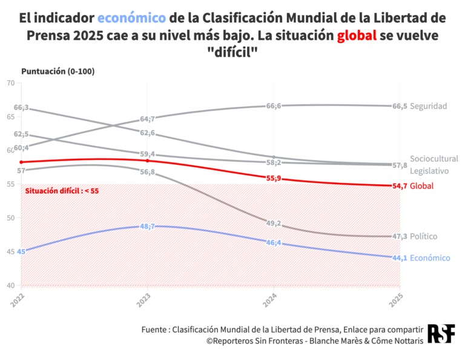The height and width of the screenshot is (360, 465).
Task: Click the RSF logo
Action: pos(441,334)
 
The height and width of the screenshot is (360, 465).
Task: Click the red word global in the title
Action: pos(357,36)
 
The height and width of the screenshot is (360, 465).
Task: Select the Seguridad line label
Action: pos(428,106)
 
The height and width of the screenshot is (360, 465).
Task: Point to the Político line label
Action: pos(423,236)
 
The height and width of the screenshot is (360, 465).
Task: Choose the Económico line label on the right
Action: pos(430,258)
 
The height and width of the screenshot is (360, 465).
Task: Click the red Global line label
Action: pos(421,185)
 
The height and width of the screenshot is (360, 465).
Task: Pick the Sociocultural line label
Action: pos(434,158)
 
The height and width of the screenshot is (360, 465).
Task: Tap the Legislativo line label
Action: pos(429,171)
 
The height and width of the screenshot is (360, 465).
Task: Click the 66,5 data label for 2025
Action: pos(400,106)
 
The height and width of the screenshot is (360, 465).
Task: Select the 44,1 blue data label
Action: pos(400,258)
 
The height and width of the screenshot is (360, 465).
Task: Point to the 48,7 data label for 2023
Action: pos(148,226)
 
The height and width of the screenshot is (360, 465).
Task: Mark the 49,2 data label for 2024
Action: pos(274,224)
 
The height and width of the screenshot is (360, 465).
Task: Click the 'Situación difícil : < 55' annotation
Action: pos(61,191)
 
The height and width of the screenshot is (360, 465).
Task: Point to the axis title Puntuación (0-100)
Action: pos(58,71)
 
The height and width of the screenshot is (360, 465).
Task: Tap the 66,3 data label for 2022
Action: pos(21,107)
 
